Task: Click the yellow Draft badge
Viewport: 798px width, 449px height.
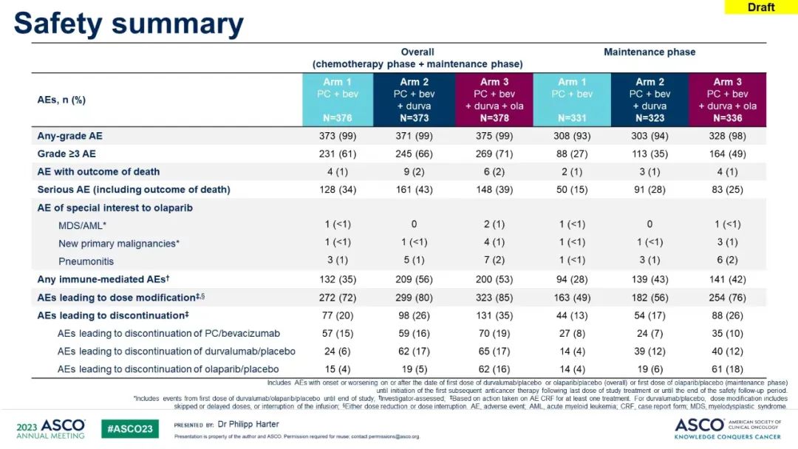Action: (x=761, y=7)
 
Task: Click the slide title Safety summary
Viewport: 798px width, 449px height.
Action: (x=129, y=24)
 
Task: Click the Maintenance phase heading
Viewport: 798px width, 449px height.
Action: (x=649, y=52)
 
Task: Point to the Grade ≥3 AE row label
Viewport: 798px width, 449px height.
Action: (x=66, y=154)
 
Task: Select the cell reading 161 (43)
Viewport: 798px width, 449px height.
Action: (x=415, y=190)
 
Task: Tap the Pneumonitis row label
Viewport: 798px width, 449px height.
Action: (x=86, y=261)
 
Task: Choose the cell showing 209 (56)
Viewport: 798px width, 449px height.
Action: (x=415, y=280)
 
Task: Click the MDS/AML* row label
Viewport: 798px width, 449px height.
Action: (x=83, y=226)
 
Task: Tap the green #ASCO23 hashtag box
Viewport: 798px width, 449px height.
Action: (x=130, y=429)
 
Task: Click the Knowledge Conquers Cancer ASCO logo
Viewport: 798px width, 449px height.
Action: (x=727, y=428)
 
